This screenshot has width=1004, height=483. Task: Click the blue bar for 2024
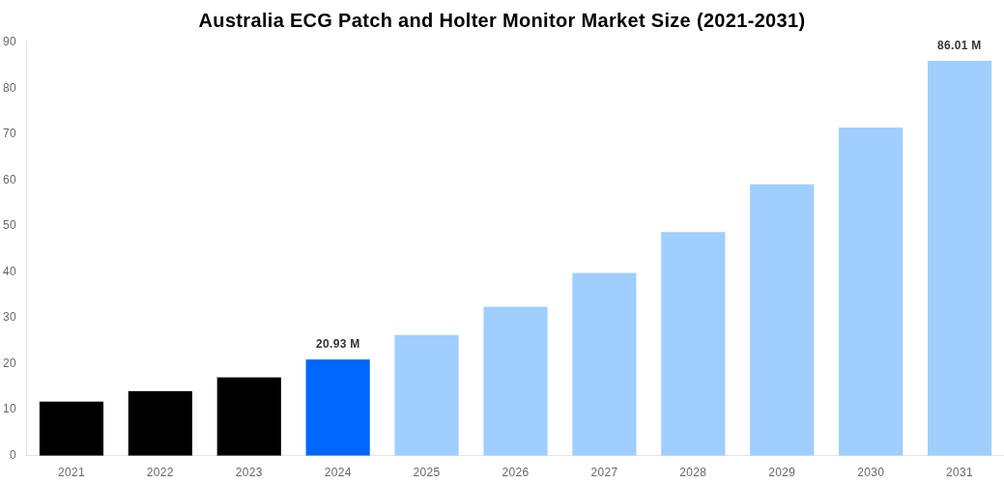pos(337,407)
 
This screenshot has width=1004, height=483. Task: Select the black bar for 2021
pos(72,428)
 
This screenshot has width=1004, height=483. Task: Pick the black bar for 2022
pos(160,423)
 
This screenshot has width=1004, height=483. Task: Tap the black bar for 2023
pos(248,415)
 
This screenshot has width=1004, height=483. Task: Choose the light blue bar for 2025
pos(426,395)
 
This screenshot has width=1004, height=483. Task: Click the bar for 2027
pos(604,364)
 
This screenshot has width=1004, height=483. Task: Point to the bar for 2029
pos(782,320)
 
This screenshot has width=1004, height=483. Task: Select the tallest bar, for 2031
pos(959,258)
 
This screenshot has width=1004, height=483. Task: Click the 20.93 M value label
pos(337,344)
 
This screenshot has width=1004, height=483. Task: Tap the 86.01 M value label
pos(959,45)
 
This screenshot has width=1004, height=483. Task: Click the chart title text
pos(502,20)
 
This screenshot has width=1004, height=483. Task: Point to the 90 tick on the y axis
pos(10,42)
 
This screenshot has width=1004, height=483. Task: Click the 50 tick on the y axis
pos(10,225)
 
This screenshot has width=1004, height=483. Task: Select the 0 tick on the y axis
pos(13,454)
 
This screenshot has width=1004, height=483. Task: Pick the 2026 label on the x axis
pos(515,472)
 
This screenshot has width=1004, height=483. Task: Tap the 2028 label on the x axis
pos(693,472)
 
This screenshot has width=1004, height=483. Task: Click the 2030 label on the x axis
pos(870,472)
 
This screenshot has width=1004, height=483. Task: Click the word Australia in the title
pos(242,20)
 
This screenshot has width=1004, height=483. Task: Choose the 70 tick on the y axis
pos(10,133)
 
